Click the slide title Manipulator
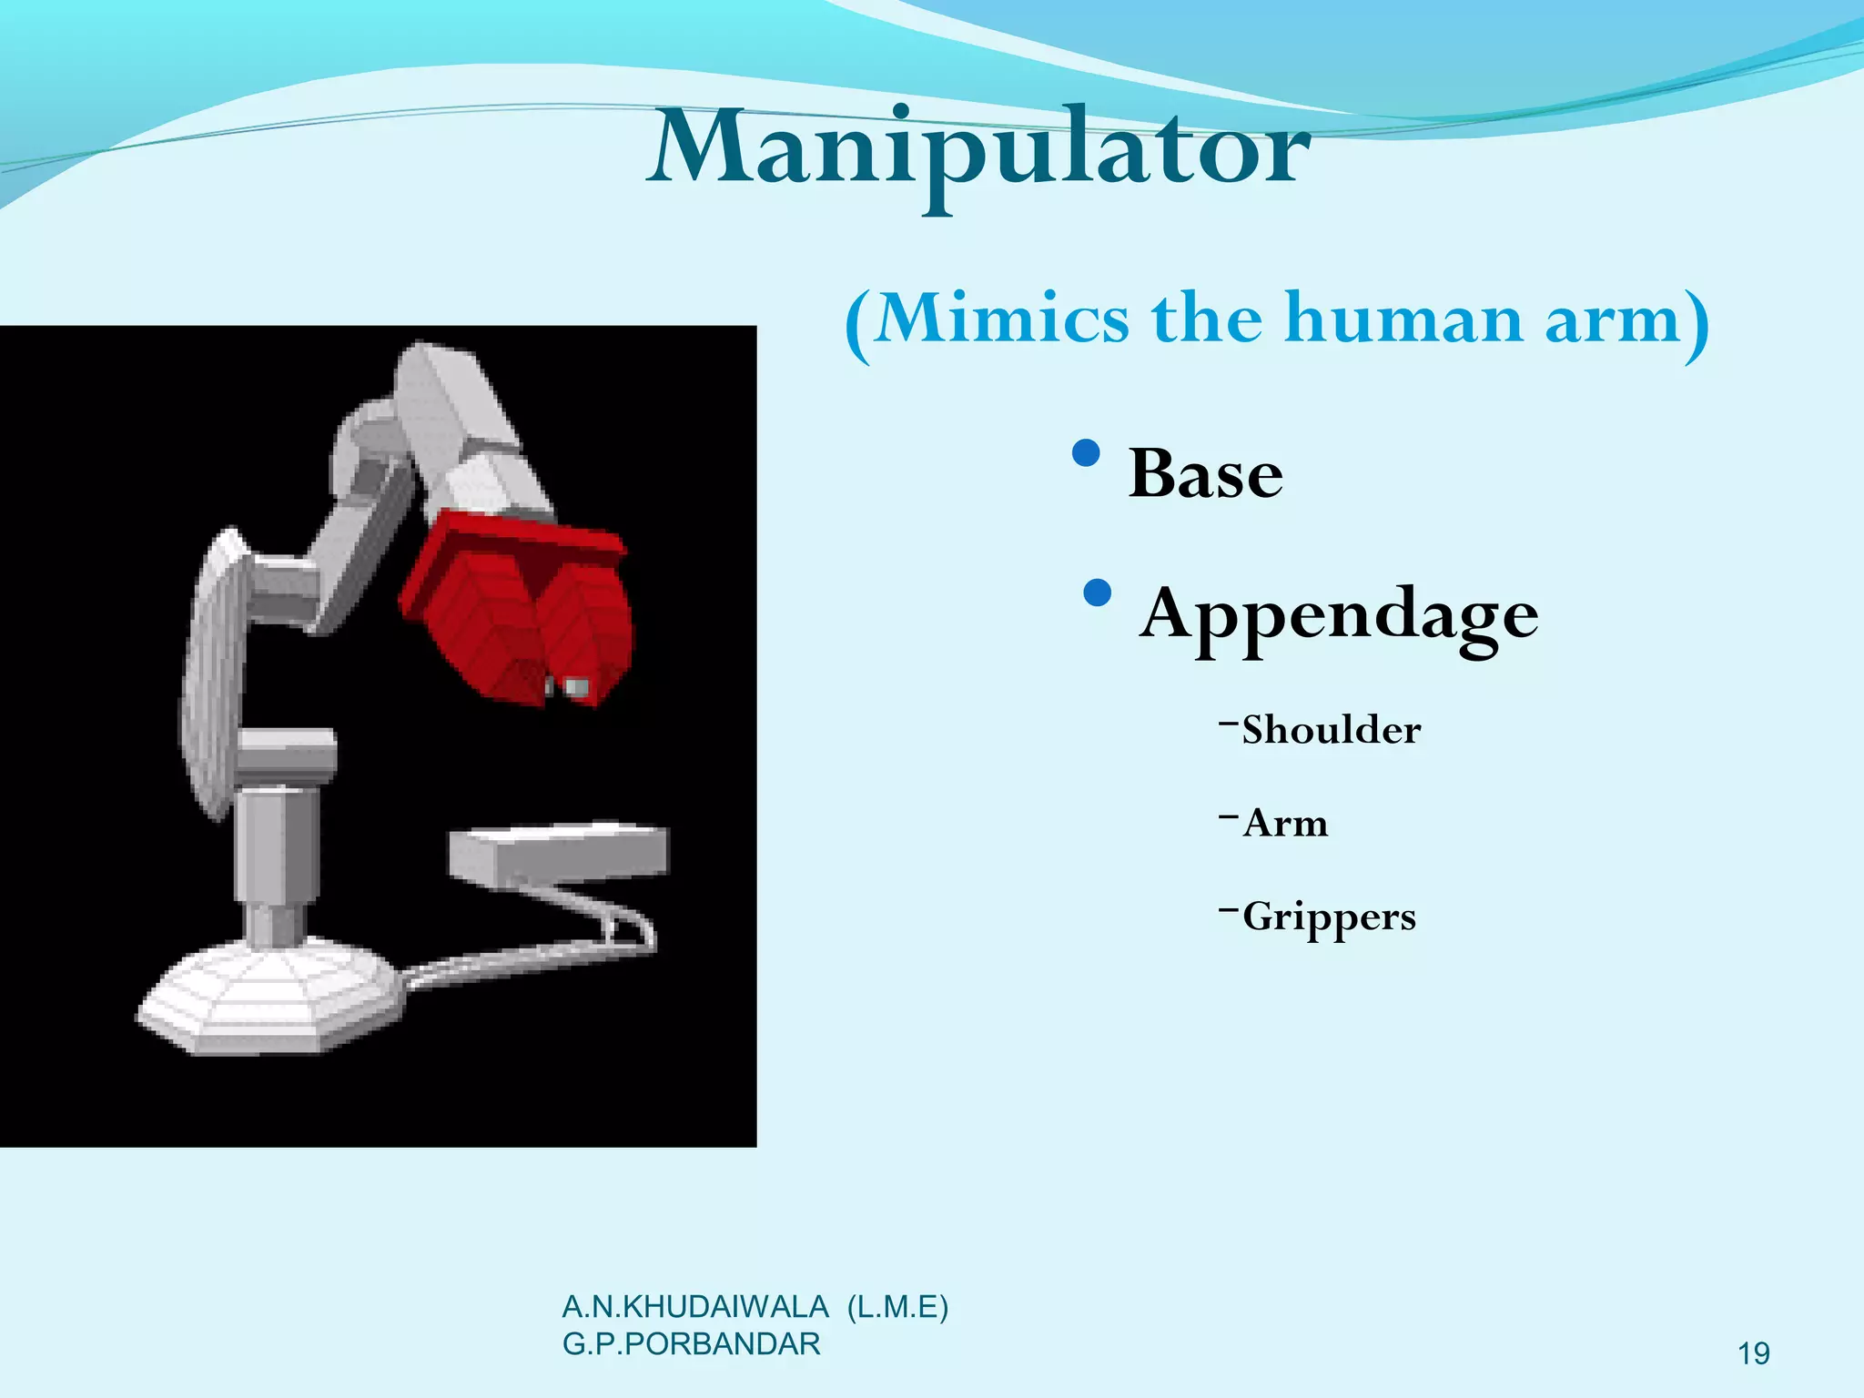click(978, 150)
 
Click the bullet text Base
click(1205, 474)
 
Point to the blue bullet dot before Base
click(1087, 453)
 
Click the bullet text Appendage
click(1339, 615)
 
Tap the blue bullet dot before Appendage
click(1099, 593)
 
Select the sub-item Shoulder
click(1330, 730)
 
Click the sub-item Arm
click(1284, 824)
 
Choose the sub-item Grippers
click(1328, 917)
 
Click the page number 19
click(1754, 1354)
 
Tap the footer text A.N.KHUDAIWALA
click(695, 1307)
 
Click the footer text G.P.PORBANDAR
click(692, 1344)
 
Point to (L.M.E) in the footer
click(897, 1307)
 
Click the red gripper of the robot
click(519, 610)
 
